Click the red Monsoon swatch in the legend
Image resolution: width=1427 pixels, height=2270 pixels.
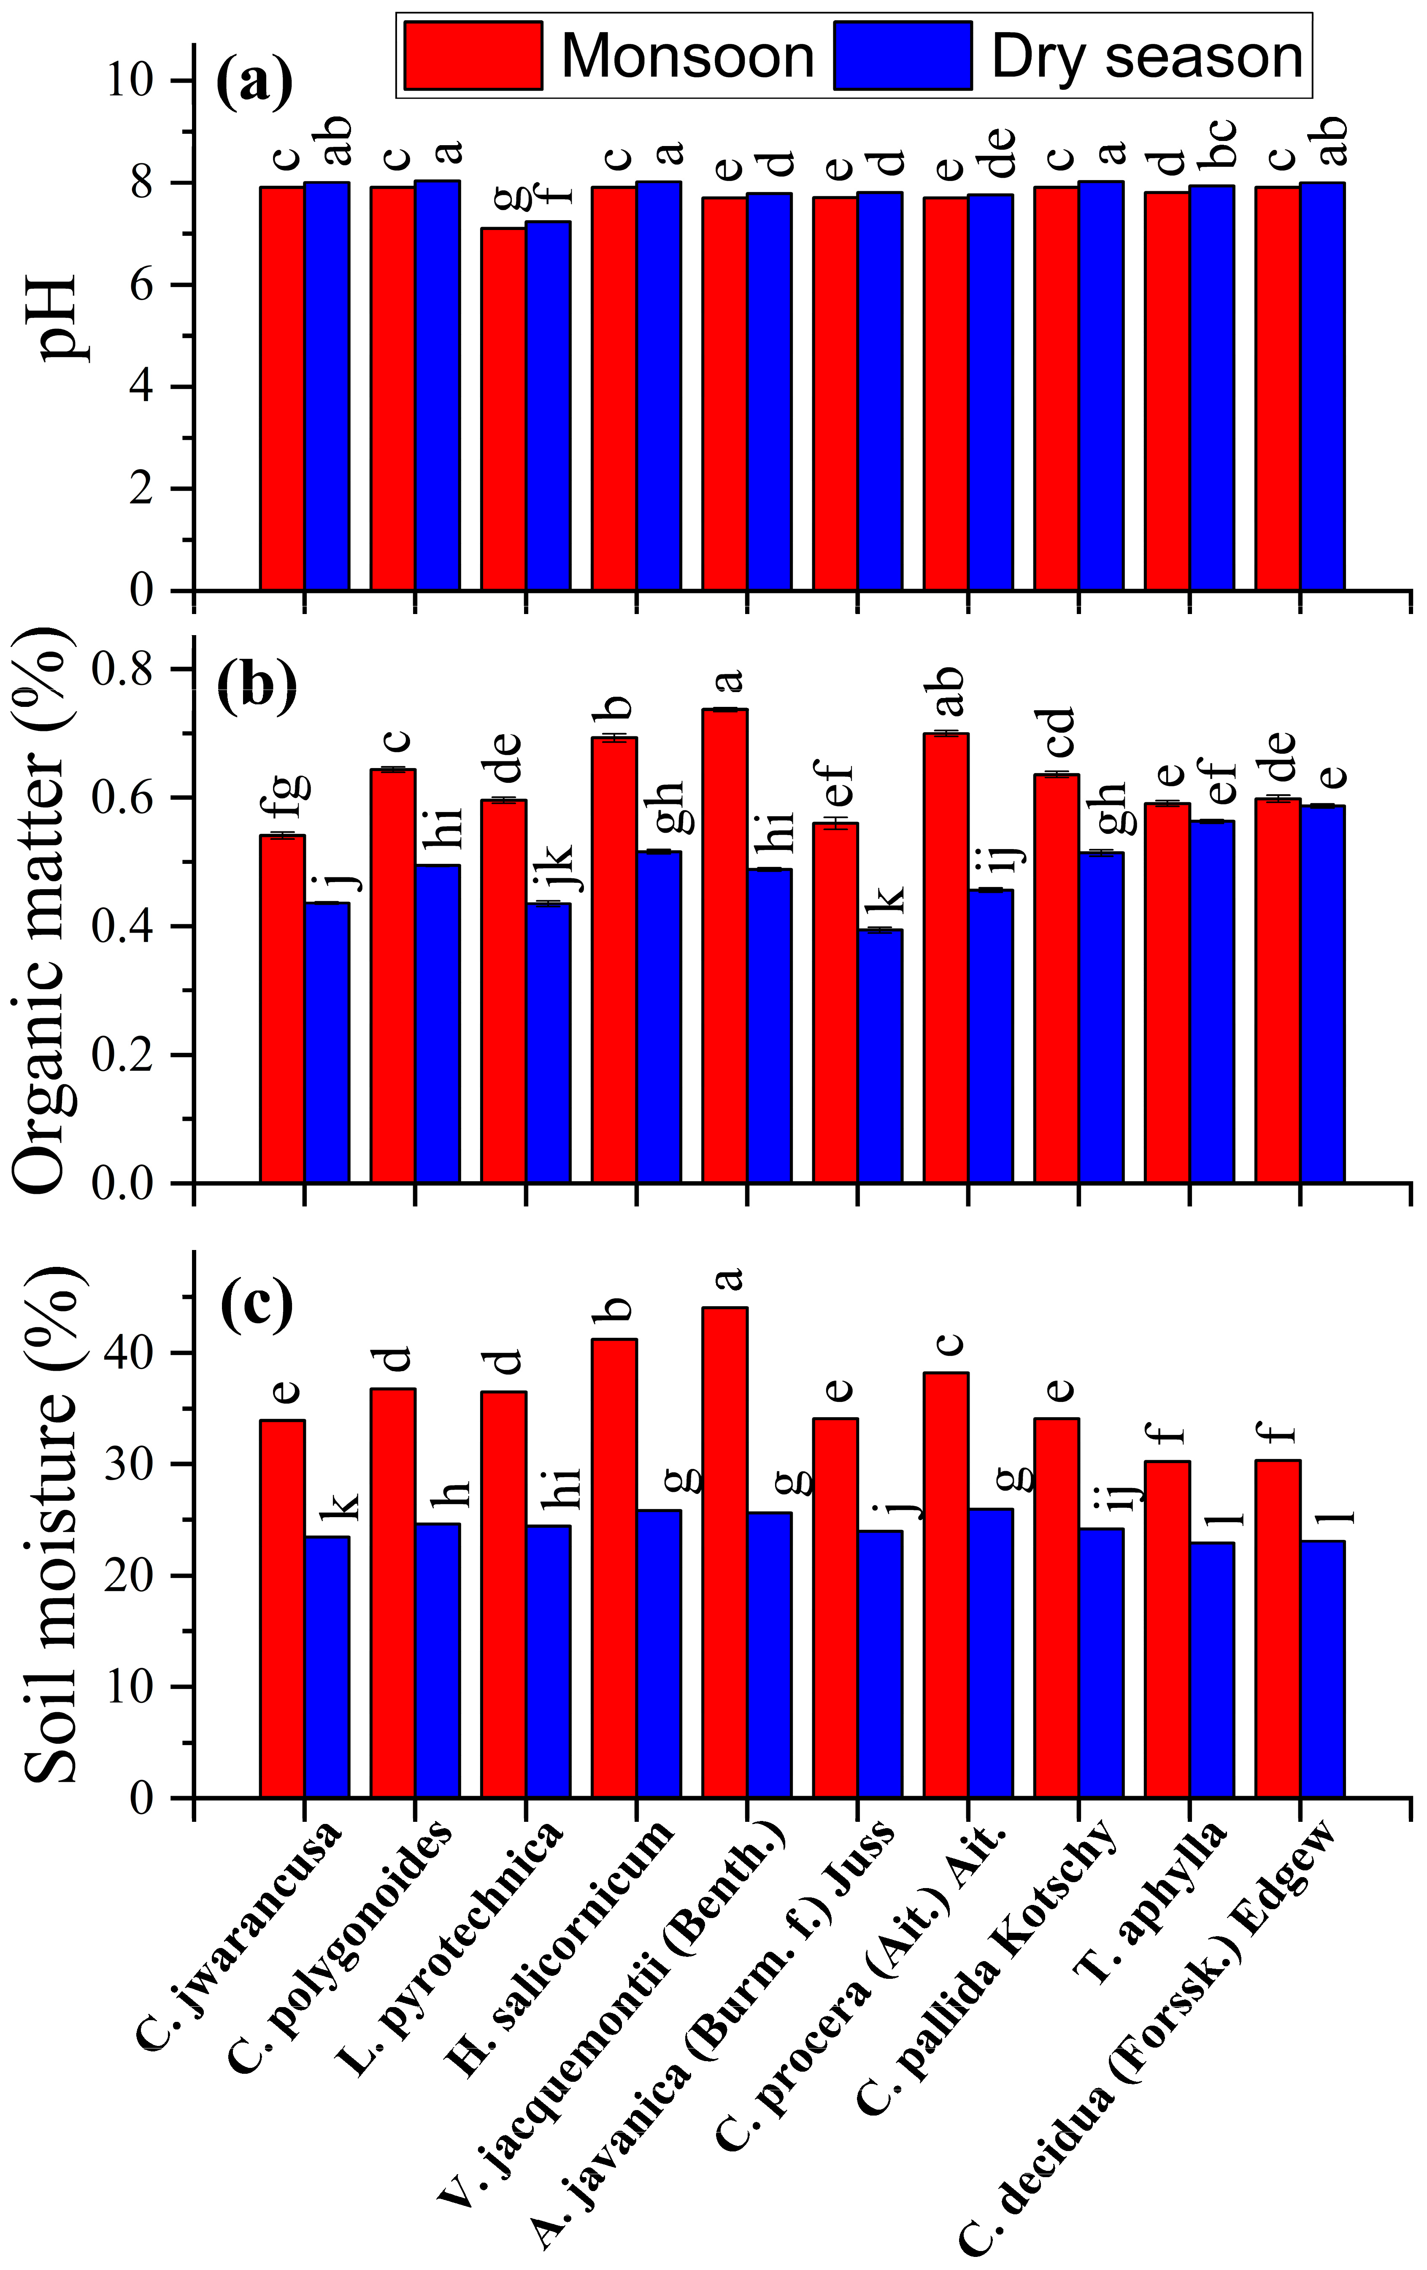pyautogui.click(x=473, y=56)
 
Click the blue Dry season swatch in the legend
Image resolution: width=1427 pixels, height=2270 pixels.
pyautogui.click(x=902, y=56)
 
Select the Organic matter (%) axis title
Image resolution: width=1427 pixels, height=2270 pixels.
pyautogui.click(x=47, y=912)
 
